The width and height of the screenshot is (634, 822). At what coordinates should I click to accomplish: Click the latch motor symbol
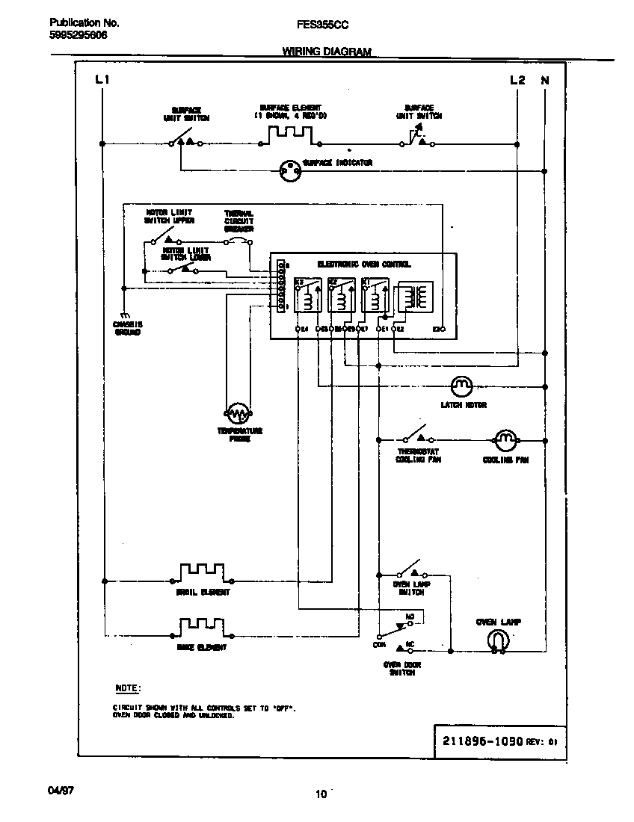(461, 386)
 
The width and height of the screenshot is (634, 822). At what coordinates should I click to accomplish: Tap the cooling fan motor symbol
(506, 440)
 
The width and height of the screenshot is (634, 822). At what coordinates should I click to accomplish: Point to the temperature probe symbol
(237, 412)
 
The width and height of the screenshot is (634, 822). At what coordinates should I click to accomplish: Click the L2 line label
(517, 79)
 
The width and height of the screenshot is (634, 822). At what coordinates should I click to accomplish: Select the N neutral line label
(544, 79)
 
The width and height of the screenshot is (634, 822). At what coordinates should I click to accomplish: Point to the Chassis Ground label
(128, 328)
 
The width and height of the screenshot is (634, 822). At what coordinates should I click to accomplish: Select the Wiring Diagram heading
(326, 52)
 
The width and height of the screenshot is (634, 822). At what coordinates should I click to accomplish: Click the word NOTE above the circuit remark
(128, 687)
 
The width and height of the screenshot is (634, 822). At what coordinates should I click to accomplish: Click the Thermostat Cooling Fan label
(418, 456)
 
